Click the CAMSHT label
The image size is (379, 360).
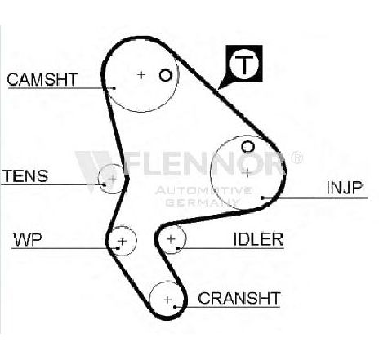42,80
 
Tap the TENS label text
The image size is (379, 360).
25,176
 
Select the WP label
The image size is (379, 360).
28,240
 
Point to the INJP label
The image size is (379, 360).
345,188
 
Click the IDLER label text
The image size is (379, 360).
258,239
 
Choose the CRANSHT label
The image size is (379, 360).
239,299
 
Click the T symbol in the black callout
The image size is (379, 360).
243,64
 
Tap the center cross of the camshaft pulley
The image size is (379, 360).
141,74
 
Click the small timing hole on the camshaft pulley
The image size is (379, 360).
165,75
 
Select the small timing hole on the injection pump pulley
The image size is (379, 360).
247,147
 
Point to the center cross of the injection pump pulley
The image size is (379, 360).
247,172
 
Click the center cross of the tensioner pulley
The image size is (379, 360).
112,179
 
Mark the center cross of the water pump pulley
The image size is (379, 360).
122,241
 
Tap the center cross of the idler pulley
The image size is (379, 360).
172,239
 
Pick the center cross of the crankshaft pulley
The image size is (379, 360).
167,300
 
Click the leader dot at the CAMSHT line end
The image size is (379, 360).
114,88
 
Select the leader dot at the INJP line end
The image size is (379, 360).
262,198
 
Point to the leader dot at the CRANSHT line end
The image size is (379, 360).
175,307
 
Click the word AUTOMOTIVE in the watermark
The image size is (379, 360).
203,190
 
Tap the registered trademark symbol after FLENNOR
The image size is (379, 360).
297,158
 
